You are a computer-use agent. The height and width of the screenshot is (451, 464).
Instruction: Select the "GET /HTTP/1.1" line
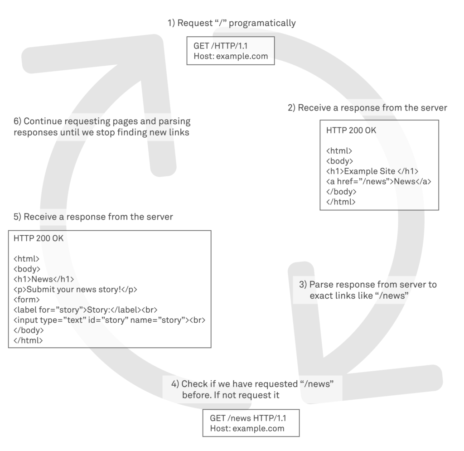point(220,47)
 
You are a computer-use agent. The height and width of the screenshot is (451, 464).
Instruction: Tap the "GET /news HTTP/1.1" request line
point(247,418)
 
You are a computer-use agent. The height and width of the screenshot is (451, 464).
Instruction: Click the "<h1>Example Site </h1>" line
point(372,171)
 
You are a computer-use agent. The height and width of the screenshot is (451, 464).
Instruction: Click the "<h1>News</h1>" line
point(44,279)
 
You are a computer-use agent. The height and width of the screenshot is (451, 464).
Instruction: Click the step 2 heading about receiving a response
point(367,108)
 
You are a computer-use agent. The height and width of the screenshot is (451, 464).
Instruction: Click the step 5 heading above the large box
point(93,217)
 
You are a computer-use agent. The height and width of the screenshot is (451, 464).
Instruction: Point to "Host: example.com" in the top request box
point(231,57)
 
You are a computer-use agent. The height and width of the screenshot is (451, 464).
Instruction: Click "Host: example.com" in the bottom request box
point(247,428)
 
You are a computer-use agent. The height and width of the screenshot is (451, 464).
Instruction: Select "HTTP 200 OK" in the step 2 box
point(351,131)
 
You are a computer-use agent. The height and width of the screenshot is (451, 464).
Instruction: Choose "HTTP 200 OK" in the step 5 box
point(39,238)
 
